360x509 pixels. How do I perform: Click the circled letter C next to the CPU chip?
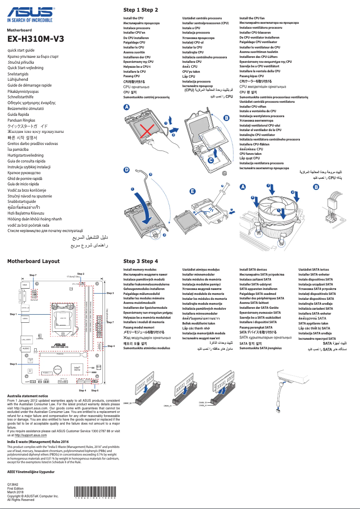click(211, 160)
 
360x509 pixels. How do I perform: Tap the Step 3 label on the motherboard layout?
click(110, 293)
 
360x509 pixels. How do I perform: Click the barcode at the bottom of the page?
click(95, 493)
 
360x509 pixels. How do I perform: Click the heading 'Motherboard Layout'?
click(33, 261)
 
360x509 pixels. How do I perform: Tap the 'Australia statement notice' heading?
click(28, 396)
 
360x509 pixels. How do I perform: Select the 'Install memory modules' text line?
click(140, 269)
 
